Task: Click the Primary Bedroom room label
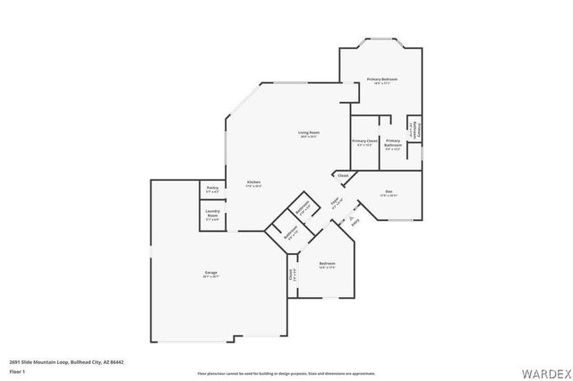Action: (x=382, y=80)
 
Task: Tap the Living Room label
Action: (x=309, y=132)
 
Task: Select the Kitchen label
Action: (x=253, y=182)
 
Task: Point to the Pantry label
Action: (x=212, y=188)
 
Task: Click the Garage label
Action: (x=211, y=272)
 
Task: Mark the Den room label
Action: (x=389, y=191)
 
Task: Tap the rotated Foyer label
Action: (x=335, y=202)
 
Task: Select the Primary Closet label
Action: (x=364, y=140)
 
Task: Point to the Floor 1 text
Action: (x=18, y=371)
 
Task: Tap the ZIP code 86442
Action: (x=116, y=362)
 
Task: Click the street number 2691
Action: (x=14, y=362)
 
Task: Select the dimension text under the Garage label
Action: (x=211, y=277)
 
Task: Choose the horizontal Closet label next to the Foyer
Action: (x=343, y=175)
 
